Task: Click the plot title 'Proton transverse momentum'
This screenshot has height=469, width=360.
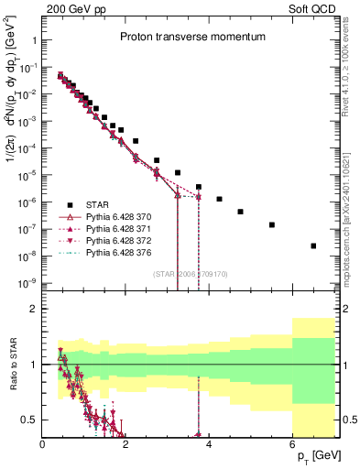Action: (190, 38)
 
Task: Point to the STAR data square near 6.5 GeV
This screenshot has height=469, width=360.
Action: (313, 245)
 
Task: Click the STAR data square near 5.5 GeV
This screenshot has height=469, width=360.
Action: (272, 224)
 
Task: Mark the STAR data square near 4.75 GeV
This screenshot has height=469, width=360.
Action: (240, 212)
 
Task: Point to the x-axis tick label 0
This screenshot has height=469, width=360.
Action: (42, 445)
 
